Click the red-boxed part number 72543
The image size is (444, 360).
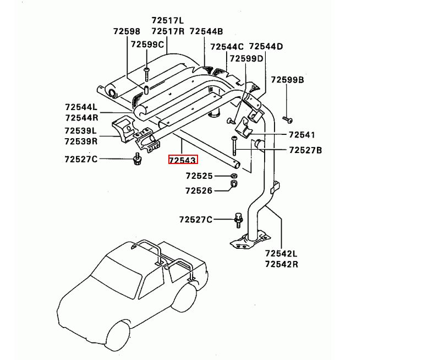pyautogui.click(x=183, y=160)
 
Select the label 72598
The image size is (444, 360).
pyautogui.click(x=127, y=32)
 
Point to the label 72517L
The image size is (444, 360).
pyautogui.click(x=168, y=20)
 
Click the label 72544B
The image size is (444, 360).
pyautogui.click(x=206, y=32)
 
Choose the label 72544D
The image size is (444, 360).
pyautogui.click(x=266, y=47)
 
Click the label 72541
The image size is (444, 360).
pyautogui.click(x=302, y=135)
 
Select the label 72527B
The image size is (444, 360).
pyautogui.click(x=305, y=150)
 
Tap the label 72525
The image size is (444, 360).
pyautogui.click(x=199, y=176)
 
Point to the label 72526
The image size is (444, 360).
pyautogui.click(x=199, y=191)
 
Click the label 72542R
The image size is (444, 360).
pyautogui.click(x=281, y=264)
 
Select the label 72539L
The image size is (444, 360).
pyautogui.click(x=80, y=131)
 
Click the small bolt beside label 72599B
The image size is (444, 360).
pyautogui.click(x=288, y=118)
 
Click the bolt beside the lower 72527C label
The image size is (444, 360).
pyautogui.click(x=239, y=220)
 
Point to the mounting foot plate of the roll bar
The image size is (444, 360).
pyautogui.click(x=249, y=243)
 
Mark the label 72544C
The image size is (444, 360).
pyautogui.click(x=227, y=47)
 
